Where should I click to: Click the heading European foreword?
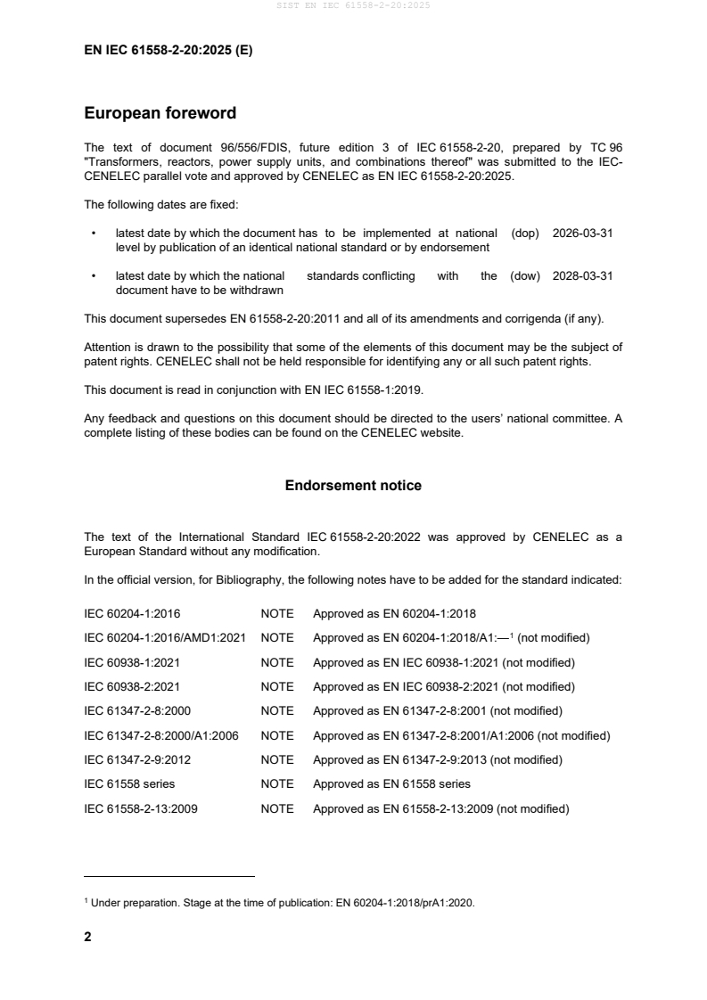pos(160,113)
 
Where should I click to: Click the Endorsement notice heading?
pos(353,486)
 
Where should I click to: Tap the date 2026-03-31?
pos(583,233)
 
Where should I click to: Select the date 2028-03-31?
pos(583,275)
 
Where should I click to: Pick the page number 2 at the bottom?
pos(87,937)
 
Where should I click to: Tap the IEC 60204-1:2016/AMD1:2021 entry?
pos(165,638)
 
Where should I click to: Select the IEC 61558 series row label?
pos(129,784)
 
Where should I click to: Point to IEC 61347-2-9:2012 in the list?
pos(137,760)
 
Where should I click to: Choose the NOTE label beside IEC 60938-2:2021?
pos(276,687)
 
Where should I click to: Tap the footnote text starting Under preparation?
pos(280,903)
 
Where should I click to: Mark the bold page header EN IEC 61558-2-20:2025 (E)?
pos(168,51)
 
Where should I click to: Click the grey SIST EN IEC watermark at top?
pos(353,6)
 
